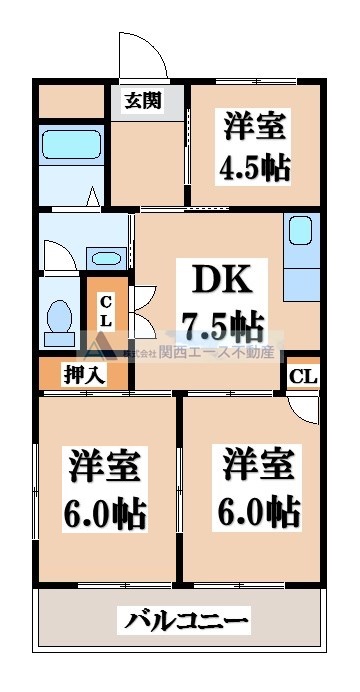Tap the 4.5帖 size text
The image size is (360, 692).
tap(254, 165)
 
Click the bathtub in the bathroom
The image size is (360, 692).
tap(70, 149)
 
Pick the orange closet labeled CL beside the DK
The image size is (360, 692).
tap(106, 310)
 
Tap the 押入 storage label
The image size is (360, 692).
tap(84, 376)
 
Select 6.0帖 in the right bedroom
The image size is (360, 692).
tap(258, 511)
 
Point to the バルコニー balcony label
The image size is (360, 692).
tap(186, 622)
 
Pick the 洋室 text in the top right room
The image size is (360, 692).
tap(254, 127)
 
